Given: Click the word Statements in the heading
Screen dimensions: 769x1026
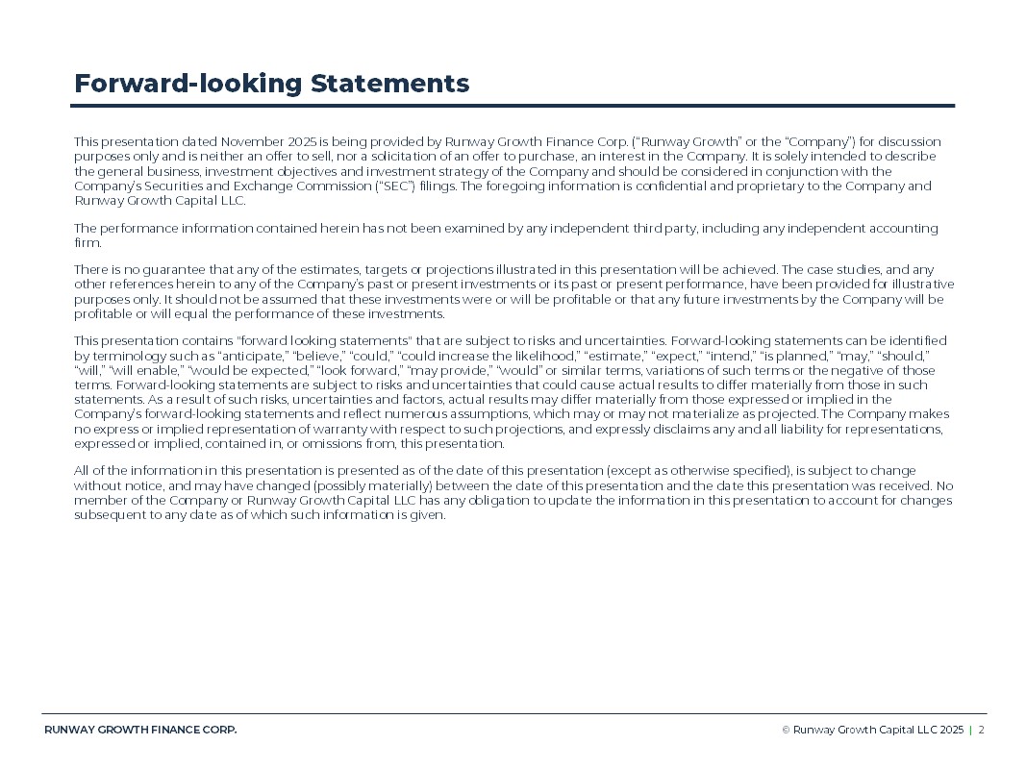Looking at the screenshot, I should click(x=389, y=84).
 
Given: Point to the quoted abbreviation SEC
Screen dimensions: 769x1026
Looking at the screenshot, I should click(x=394, y=186).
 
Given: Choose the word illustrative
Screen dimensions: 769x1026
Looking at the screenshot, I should click(x=922, y=285).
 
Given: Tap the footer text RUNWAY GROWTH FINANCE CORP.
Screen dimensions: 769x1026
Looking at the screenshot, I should click(x=140, y=730).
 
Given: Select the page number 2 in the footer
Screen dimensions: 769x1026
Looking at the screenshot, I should click(x=982, y=730).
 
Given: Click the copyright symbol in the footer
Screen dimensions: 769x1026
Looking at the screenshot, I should click(x=786, y=730).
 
